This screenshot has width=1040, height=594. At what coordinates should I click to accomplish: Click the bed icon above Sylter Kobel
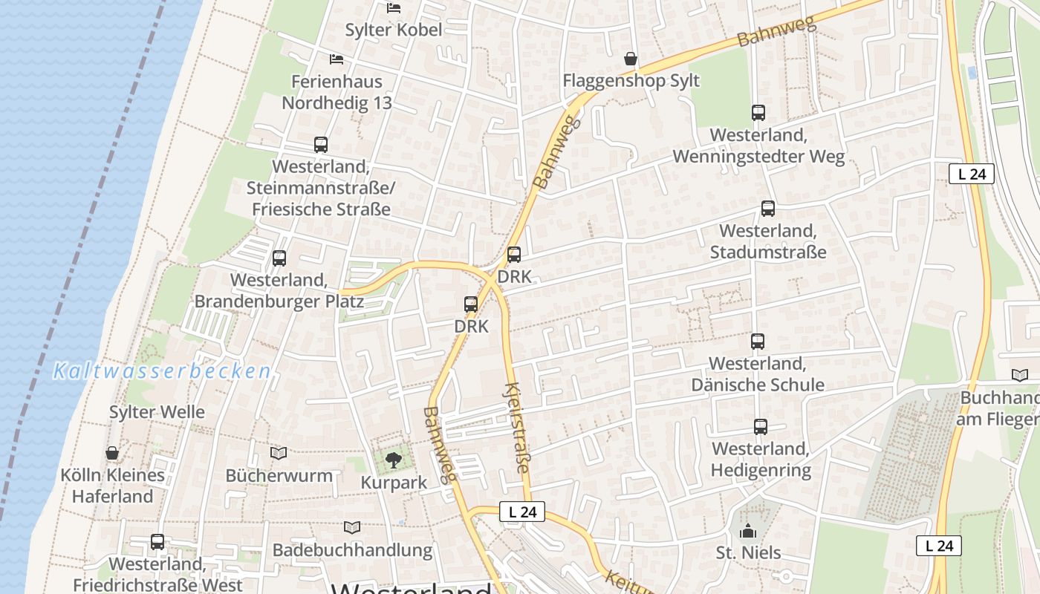[394, 8]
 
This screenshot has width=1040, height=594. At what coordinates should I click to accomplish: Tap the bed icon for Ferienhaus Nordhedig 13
[337, 59]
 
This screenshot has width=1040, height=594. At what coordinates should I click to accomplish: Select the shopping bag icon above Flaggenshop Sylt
[631, 58]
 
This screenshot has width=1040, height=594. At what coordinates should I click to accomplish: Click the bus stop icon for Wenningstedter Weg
[758, 113]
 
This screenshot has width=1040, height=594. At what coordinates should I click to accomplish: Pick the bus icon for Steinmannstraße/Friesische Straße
[321, 145]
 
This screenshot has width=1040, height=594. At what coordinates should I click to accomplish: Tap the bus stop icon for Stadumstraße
[768, 209]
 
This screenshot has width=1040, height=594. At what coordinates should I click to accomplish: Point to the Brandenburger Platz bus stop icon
[279, 258]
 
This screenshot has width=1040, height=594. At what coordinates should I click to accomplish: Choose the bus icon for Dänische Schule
[758, 342]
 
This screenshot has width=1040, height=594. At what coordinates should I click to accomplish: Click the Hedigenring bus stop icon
[761, 427]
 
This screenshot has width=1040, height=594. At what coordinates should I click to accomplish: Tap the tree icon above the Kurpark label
[393, 460]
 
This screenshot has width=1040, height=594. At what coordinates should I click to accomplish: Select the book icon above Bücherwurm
[279, 453]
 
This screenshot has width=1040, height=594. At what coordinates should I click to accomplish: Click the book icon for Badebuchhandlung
[352, 527]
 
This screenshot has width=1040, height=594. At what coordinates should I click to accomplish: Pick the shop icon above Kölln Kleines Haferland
[112, 453]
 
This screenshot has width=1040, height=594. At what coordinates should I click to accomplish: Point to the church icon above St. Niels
[748, 531]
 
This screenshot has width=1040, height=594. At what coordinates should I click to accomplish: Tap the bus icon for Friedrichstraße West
[157, 542]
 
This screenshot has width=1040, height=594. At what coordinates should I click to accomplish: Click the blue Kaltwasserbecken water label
[162, 371]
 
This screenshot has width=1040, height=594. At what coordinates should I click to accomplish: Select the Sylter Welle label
[157, 412]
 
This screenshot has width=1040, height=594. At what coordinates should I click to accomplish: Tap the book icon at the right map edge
[1021, 376]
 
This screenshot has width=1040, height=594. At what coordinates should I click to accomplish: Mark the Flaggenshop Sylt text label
[631, 80]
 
